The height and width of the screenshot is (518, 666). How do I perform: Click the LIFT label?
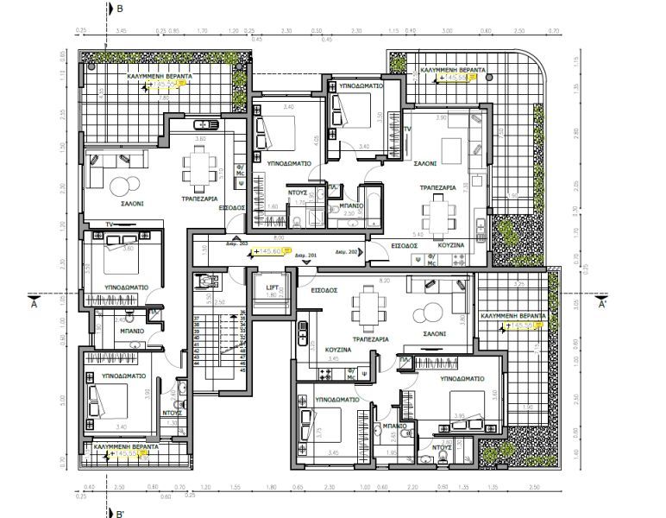pos(270,287)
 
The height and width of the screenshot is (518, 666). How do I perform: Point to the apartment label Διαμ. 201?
pos(306,256)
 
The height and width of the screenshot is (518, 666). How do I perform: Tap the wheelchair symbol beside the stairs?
pos(204,281)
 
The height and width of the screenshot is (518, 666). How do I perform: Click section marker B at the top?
pos(120,9)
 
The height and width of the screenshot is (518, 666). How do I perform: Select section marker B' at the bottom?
pos(121,512)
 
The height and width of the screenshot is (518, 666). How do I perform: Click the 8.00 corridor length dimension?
pos(278,236)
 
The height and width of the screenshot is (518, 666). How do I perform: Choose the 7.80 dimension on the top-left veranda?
pos(164,98)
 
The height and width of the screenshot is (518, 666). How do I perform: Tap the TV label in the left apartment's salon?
pos(110,224)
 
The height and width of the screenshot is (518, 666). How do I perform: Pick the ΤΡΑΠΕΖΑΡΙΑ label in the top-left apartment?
pos(198,199)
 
